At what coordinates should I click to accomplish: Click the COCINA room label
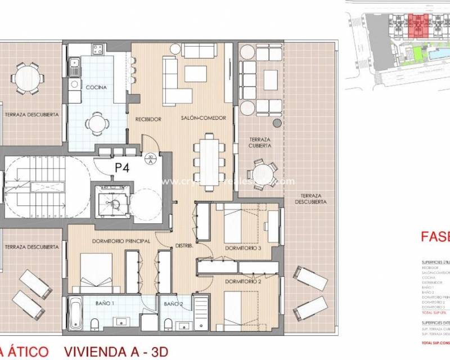[96, 87]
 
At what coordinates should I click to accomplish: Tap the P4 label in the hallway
[123, 167]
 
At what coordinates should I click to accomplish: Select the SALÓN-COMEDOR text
[204, 118]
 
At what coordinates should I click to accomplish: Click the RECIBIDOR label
[148, 119]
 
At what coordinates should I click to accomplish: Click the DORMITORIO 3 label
[243, 248]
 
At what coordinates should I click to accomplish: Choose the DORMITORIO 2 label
[243, 281]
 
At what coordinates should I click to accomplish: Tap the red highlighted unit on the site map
[418, 25]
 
